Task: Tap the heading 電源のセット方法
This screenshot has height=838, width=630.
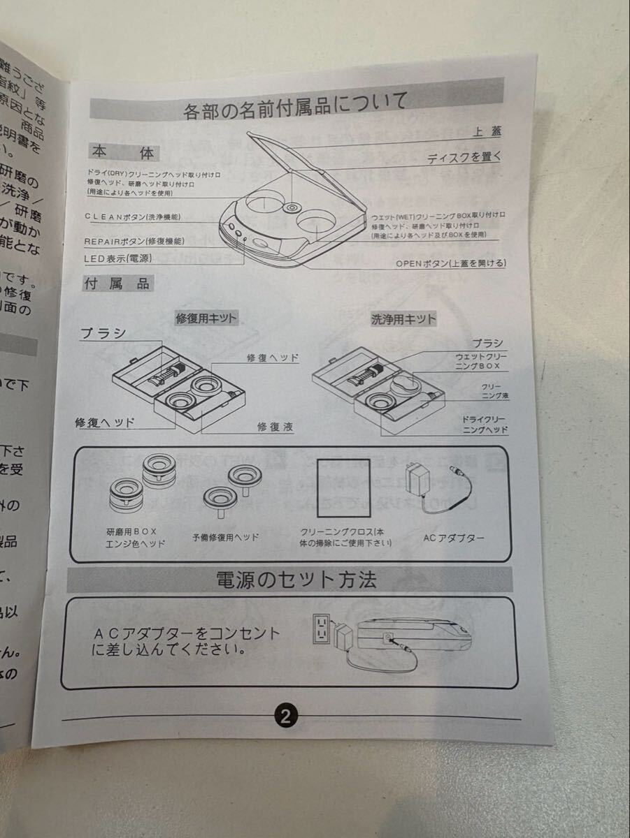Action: (x=296, y=580)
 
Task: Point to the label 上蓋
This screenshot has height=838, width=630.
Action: (x=487, y=131)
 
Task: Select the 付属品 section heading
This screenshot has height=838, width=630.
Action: (x=117, y=284)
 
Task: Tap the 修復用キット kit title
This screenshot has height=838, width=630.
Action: (x=206, y=318)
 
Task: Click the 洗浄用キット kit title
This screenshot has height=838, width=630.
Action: (x=403, y=320)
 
